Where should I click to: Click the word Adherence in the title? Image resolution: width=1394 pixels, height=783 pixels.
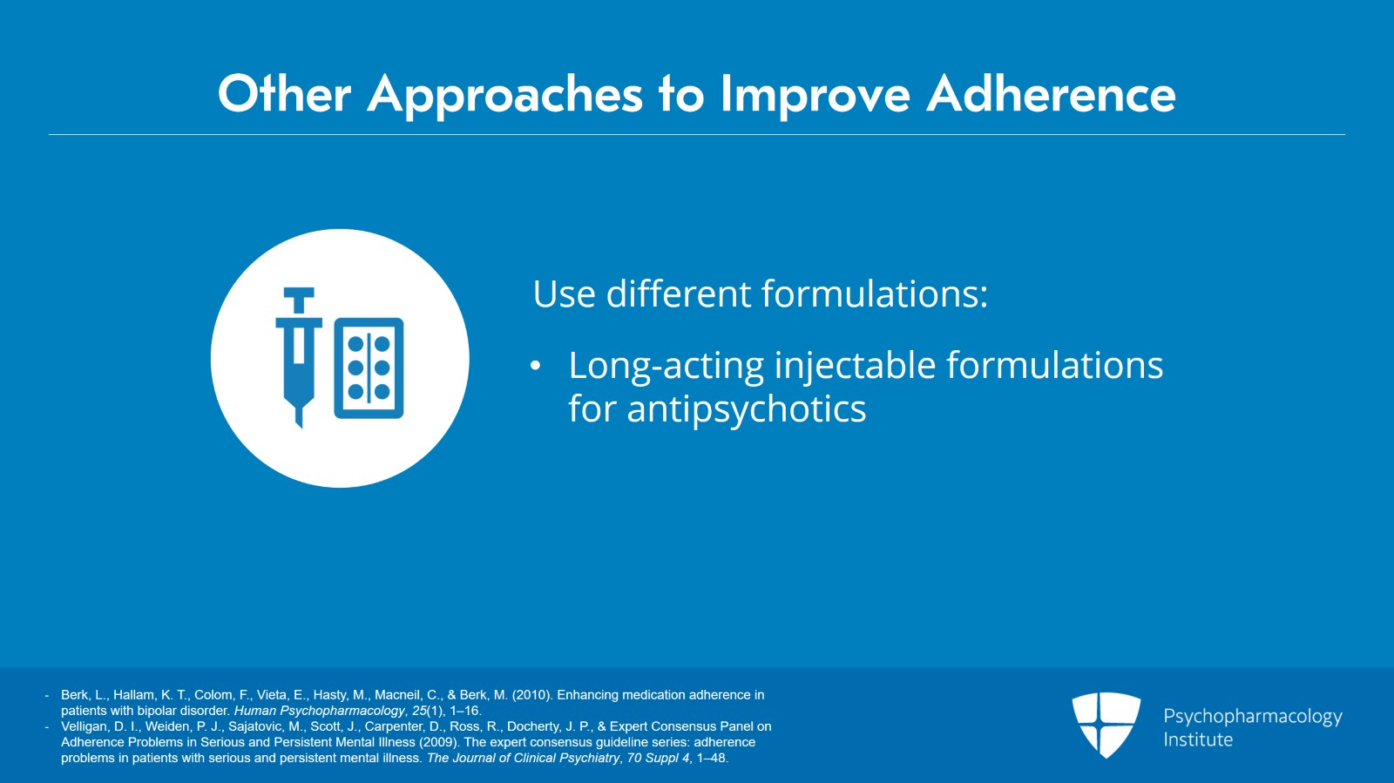click(1051, 94)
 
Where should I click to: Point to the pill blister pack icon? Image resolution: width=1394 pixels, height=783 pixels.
click(369, 368)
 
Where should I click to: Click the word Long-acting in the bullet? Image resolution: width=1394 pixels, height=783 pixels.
click(666, 367)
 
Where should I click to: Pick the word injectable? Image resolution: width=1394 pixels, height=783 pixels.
click(855, 367)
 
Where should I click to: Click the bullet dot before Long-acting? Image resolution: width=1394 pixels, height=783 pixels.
click(535, 367)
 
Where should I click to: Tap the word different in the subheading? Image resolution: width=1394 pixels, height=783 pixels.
click(679, 294)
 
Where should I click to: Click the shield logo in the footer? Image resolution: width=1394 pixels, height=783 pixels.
click(1106, 725)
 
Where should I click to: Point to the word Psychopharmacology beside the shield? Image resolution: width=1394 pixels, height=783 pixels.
click(1253, 717)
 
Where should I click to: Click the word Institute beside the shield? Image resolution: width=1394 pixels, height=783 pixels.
click(1198, 740)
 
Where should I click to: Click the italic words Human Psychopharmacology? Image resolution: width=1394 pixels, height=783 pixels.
click(319, 711)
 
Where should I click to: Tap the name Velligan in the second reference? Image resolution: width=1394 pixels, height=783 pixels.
click(85, 726)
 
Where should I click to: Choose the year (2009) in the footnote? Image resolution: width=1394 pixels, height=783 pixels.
click(439, 743)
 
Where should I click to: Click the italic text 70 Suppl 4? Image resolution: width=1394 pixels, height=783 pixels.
click(659, 758)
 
